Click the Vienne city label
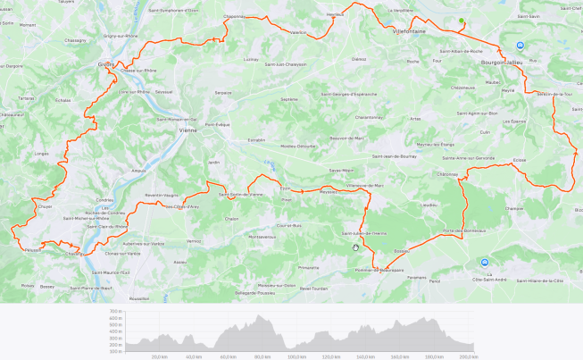point(187,130)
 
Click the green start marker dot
point(462,21)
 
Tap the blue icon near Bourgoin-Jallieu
point(520,45)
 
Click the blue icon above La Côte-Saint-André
point(485,263)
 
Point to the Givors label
point(106,64)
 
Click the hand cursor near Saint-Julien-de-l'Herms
point(355,247)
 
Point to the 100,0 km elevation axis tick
point(295,356)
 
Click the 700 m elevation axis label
point(116,312)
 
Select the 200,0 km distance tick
point(466,356)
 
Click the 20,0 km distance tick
point(160,356)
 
